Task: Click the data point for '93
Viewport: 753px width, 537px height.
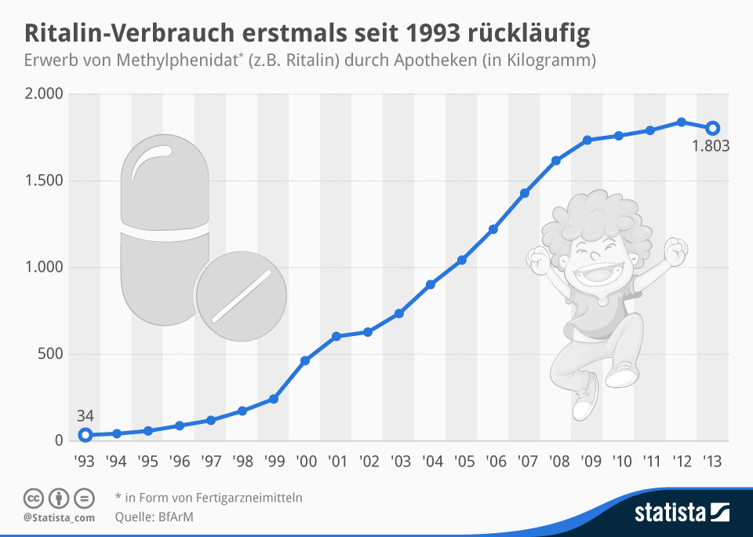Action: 85,435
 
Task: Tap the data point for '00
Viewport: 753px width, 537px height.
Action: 305,360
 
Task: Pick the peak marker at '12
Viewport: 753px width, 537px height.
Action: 682,122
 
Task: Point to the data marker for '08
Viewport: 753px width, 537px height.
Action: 556,161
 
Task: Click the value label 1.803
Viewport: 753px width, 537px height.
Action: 711,146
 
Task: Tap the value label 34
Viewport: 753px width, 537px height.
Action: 85,415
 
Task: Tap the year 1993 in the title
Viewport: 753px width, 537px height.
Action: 435,34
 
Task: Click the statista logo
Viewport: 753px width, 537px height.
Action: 682,514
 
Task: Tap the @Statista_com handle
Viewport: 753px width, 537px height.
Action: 59,517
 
